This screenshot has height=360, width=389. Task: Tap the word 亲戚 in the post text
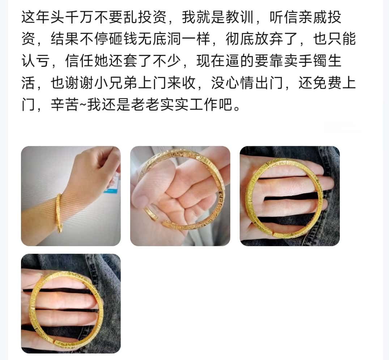pos(313,17)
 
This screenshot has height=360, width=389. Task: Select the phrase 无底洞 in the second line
pos(160,39)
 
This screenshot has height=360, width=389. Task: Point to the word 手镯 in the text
pos(313,61)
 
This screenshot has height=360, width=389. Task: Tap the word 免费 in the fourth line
pos(327,83)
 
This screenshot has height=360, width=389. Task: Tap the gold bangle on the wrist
pos(59,213)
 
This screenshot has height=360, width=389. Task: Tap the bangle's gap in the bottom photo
pos(54,342)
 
